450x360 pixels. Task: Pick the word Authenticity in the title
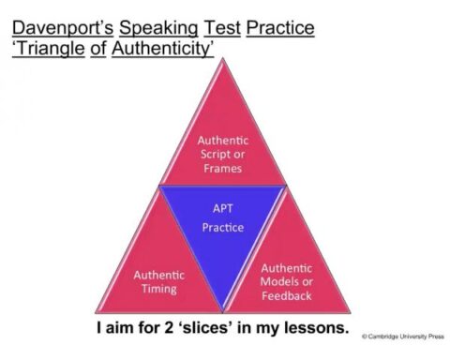coord(162,47)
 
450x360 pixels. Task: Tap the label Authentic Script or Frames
coord(222,154)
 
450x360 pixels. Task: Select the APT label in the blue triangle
coord(222,208)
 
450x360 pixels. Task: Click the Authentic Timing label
coord(159,282)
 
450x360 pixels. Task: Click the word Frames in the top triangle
coord(222,168)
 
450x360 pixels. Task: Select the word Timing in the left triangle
coord(159,290)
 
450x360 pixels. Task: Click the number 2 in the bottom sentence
coord(176,329)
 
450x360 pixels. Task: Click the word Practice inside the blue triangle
coord(222,228)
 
